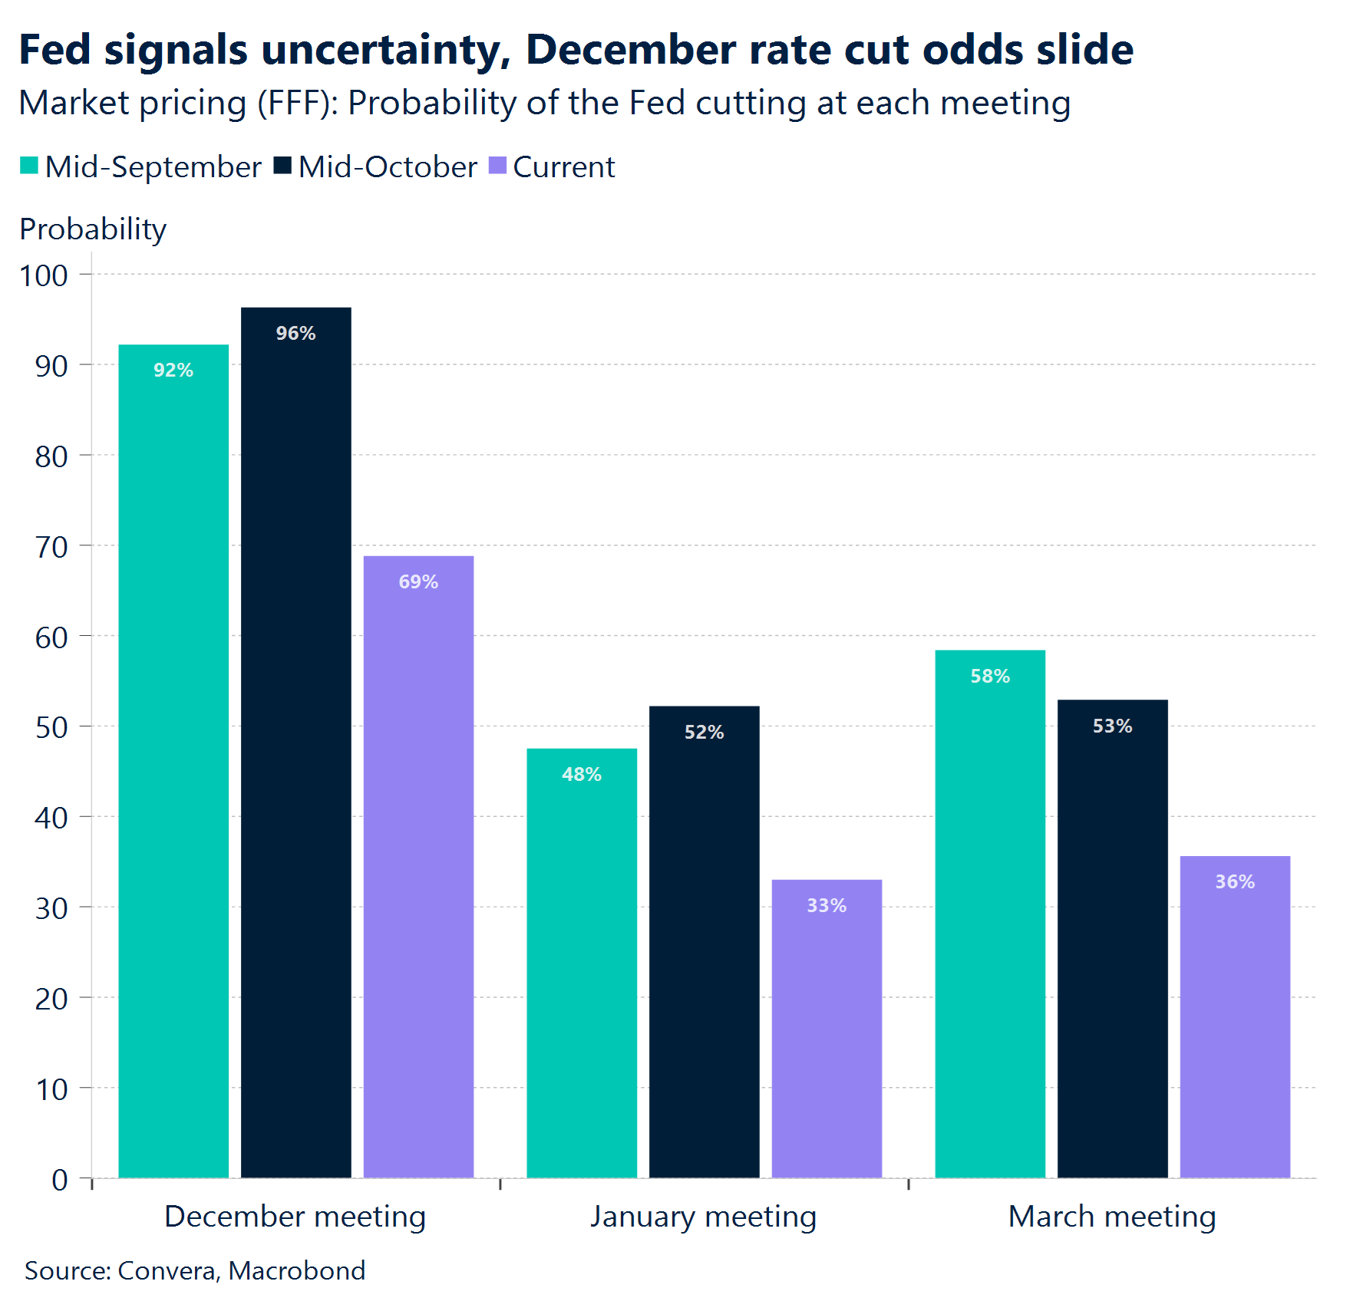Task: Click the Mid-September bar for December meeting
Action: point(173,759)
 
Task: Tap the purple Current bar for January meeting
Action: point(827,1028)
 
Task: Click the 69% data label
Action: point(418,581)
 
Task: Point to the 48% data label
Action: point(582,774)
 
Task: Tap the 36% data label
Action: point(1235,881)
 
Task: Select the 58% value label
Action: point(990,676)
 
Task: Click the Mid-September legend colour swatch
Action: point(29,166)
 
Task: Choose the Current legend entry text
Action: point(563,167)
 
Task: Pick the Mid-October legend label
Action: point(388,167)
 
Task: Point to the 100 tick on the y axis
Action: point(44,275)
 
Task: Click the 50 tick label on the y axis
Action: point(51,727)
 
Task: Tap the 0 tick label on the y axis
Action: point(60,1179)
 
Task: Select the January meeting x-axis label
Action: point(703,1216)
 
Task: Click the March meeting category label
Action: point(1112,1216)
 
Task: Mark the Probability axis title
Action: point(93,229)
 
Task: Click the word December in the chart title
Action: point(631,50)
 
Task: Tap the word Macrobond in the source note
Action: point(297,1270)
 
